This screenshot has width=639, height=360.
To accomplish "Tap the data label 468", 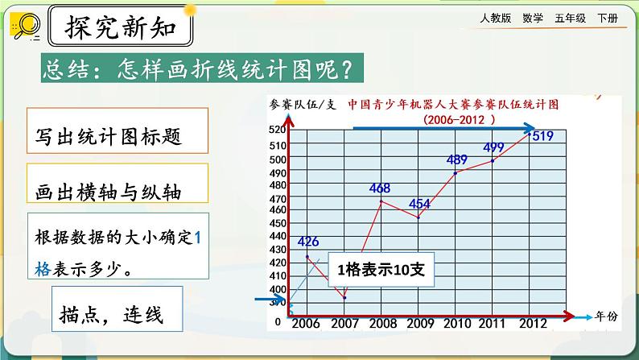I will point(380,188).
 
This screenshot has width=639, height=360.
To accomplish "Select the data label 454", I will point(420,204).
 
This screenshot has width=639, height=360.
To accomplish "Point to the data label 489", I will point(456,159).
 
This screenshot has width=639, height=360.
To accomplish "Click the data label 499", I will point(493,147).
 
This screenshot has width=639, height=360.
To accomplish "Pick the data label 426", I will point(309,241).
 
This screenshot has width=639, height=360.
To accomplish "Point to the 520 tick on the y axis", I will point(277,130).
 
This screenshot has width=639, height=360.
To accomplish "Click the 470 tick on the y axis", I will point(277,198).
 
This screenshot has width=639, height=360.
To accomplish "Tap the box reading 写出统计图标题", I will point(110,134).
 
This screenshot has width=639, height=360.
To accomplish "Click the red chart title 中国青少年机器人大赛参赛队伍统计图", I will point(453,105).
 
